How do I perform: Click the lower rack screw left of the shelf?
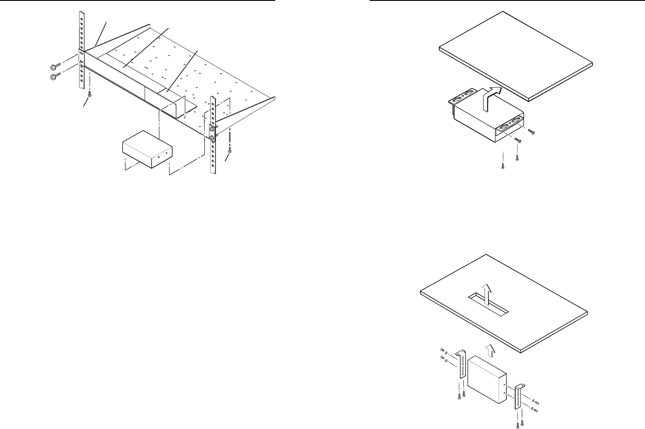point(55,77)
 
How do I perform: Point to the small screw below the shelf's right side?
point(230,150)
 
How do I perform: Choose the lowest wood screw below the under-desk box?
point(503,166)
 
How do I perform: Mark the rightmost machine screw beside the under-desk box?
point(532,131)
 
